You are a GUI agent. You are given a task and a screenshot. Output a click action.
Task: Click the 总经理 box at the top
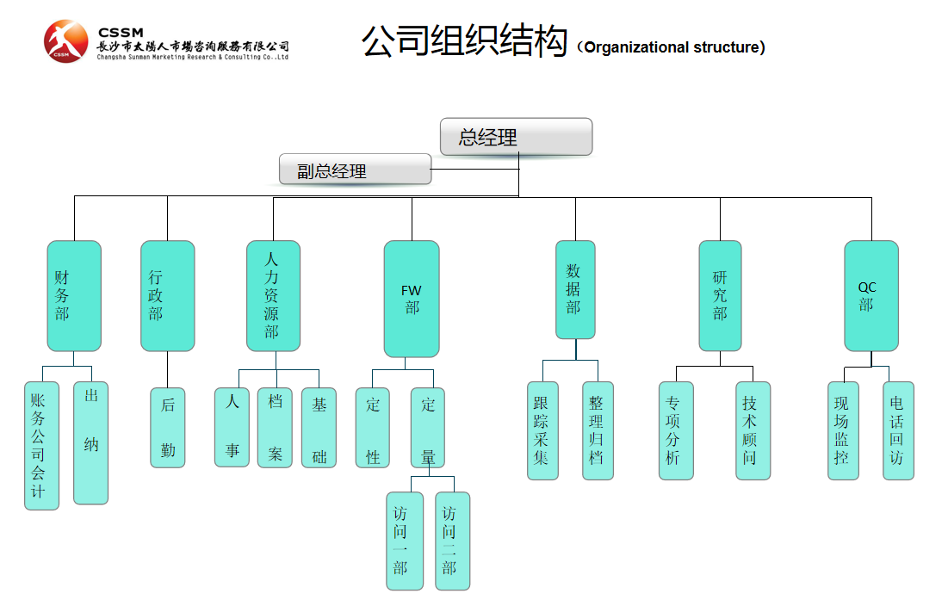[x=516, y=137]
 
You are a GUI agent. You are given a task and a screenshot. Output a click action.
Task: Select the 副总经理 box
[x=355, y=170]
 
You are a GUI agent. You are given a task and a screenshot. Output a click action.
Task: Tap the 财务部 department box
[x=74, y=295]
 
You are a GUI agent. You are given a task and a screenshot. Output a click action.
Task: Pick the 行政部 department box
[x=167, y=295]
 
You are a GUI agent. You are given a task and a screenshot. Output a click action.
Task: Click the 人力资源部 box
[x=273, y=295]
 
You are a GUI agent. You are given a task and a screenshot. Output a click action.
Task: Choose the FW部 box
[x=412, y=299]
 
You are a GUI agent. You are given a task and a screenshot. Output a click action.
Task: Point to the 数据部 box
[x=575, y=289]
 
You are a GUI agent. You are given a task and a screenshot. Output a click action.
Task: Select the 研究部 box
[x=720, y=295]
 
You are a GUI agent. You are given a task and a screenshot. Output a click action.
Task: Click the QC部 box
[x=871, y=295]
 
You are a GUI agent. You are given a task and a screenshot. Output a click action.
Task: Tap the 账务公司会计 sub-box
[x=41, y=445]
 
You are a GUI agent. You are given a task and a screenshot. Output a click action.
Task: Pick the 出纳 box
[x=90, y=442]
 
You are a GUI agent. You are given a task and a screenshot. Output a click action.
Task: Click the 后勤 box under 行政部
[x=168, y=427]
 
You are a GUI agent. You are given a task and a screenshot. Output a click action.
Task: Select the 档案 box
[x=275, y=427]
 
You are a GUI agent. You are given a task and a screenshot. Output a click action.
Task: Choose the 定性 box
[x=373, y=427]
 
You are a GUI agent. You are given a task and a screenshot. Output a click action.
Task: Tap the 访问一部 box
[x=405, y=541]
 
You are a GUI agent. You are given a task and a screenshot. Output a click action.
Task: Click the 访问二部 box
[x=452, y=541]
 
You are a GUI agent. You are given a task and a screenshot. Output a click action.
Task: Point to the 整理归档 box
[x=598, y=430]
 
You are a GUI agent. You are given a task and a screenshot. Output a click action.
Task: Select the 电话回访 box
[x=898, y=430]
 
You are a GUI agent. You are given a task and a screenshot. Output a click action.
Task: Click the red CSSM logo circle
[x=66, y=41]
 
